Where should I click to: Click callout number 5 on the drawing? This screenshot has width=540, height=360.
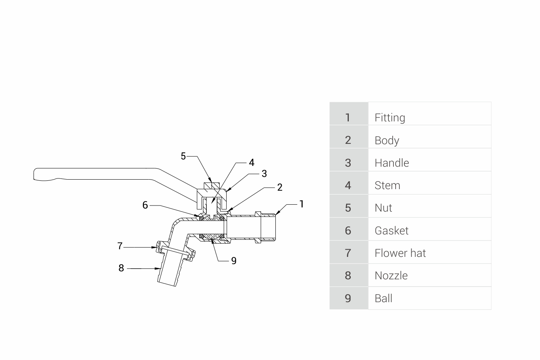click(183, 156)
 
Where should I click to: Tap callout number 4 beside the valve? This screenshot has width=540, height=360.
click(252, 162)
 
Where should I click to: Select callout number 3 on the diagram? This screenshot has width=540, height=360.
click(264, 174)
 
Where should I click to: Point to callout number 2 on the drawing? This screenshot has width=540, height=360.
click(280, 187)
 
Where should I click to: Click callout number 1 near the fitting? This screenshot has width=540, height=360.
click(302, 204)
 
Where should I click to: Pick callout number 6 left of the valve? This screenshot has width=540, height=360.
click(145, 205)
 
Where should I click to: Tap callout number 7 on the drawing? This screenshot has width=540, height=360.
click(120, 246)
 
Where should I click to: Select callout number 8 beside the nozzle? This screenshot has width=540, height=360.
click(121, 268)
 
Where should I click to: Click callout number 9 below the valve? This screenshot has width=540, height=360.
click(234, 261)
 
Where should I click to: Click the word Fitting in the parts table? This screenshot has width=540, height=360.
click(390, 118)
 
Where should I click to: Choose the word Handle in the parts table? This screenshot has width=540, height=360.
click(391, 163)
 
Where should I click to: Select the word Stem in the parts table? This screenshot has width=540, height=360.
click(387, 185)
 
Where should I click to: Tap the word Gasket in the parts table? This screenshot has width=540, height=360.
click(391, 231)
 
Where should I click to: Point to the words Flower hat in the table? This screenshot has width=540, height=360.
click(400, 253)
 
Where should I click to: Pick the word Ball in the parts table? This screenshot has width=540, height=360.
click(383, 298)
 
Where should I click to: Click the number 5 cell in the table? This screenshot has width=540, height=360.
click(348, 208)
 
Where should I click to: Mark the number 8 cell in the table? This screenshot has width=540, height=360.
click(348, 276)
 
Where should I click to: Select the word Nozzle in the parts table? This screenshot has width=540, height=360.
click(391, 276)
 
